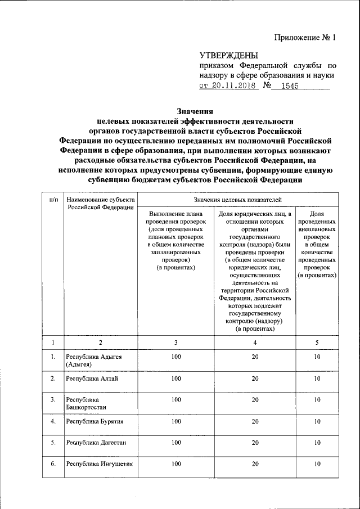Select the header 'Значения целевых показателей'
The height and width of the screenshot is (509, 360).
click(x=238, y=199)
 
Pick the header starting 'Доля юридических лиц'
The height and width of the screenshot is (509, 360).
click(x=255, y=271)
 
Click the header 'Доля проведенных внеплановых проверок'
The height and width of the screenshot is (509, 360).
click(x=317, y=245)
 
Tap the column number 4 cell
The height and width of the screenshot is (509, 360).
click(x=255, y=343)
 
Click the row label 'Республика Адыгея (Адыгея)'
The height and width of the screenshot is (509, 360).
click(x=94, y=361)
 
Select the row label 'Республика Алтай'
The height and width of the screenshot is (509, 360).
click(x=92, y=378)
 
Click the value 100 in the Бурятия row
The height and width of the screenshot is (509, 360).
click(x=177, y=421)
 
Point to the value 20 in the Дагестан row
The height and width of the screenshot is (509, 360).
click(x=255, y=443)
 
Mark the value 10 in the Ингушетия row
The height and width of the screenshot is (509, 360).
click(x=317, y=464)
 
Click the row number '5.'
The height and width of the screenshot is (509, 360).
click(x=52, y=443)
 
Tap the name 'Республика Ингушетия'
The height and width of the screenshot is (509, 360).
click(x=100, y=464)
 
